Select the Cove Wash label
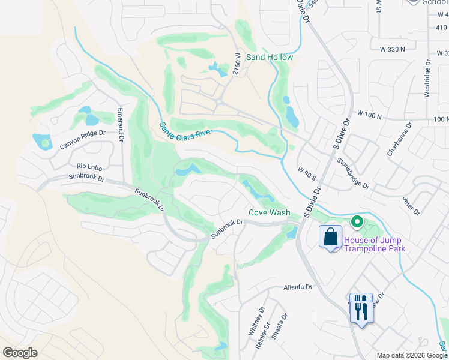pyautogui.click(x=270, y=213)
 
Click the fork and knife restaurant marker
pyautogui.click(x=360, y=308)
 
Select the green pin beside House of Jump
pyautogui.click(x=357, y=223)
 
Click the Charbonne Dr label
pyautogui.click(x=400, y=139)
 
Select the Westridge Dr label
pyautogui.click(x=427, y=78)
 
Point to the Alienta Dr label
pyautogui.click(x=298, y=287)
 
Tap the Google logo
pyautogui.click(x=20, y=353)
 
